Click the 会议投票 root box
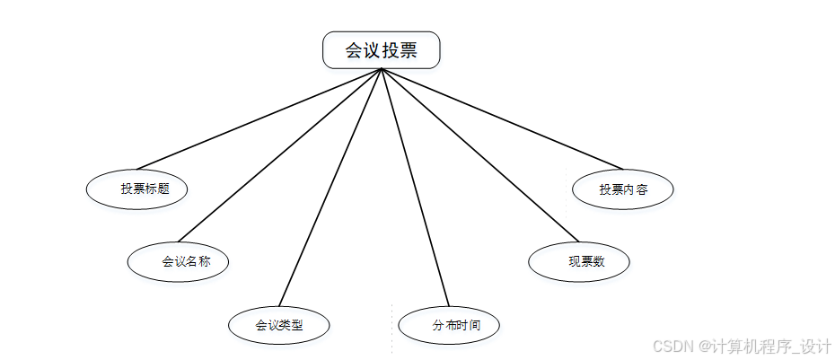(x=382, y=50)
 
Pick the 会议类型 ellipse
(x=279, y=324)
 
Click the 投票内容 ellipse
(x=623, y=189)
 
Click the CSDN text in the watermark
(x=670, y=347)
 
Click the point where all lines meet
(x=382, y=69)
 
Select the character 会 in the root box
(x=354, y=50)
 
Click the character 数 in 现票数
(x=598, y=262)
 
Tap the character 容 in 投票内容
(x=643, y=189)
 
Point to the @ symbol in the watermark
(x=706, y=347)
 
